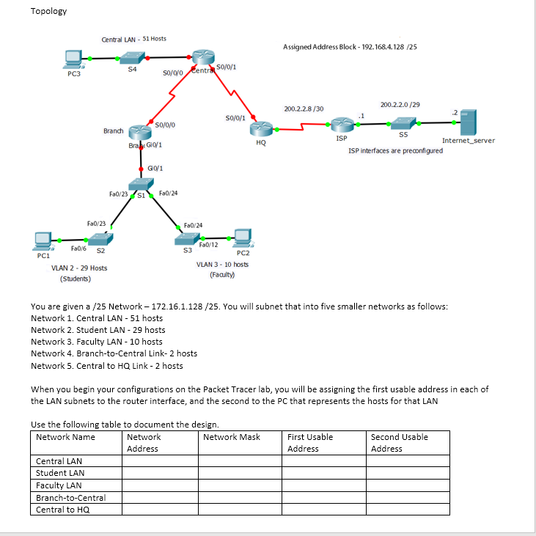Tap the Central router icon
click(x=199, y=59)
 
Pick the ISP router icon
click(x=341, y=125)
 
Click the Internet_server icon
click(x=468, y=122)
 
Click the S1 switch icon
click(x=139, y=186)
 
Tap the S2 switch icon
click(x=98, y=238)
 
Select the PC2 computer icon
click(x=242, y=237)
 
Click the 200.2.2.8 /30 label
click(x=304, y=109)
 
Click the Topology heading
click(x=48, y=11)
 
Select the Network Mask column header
click(x=232, y=437)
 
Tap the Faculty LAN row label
click(x=59, y=485)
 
